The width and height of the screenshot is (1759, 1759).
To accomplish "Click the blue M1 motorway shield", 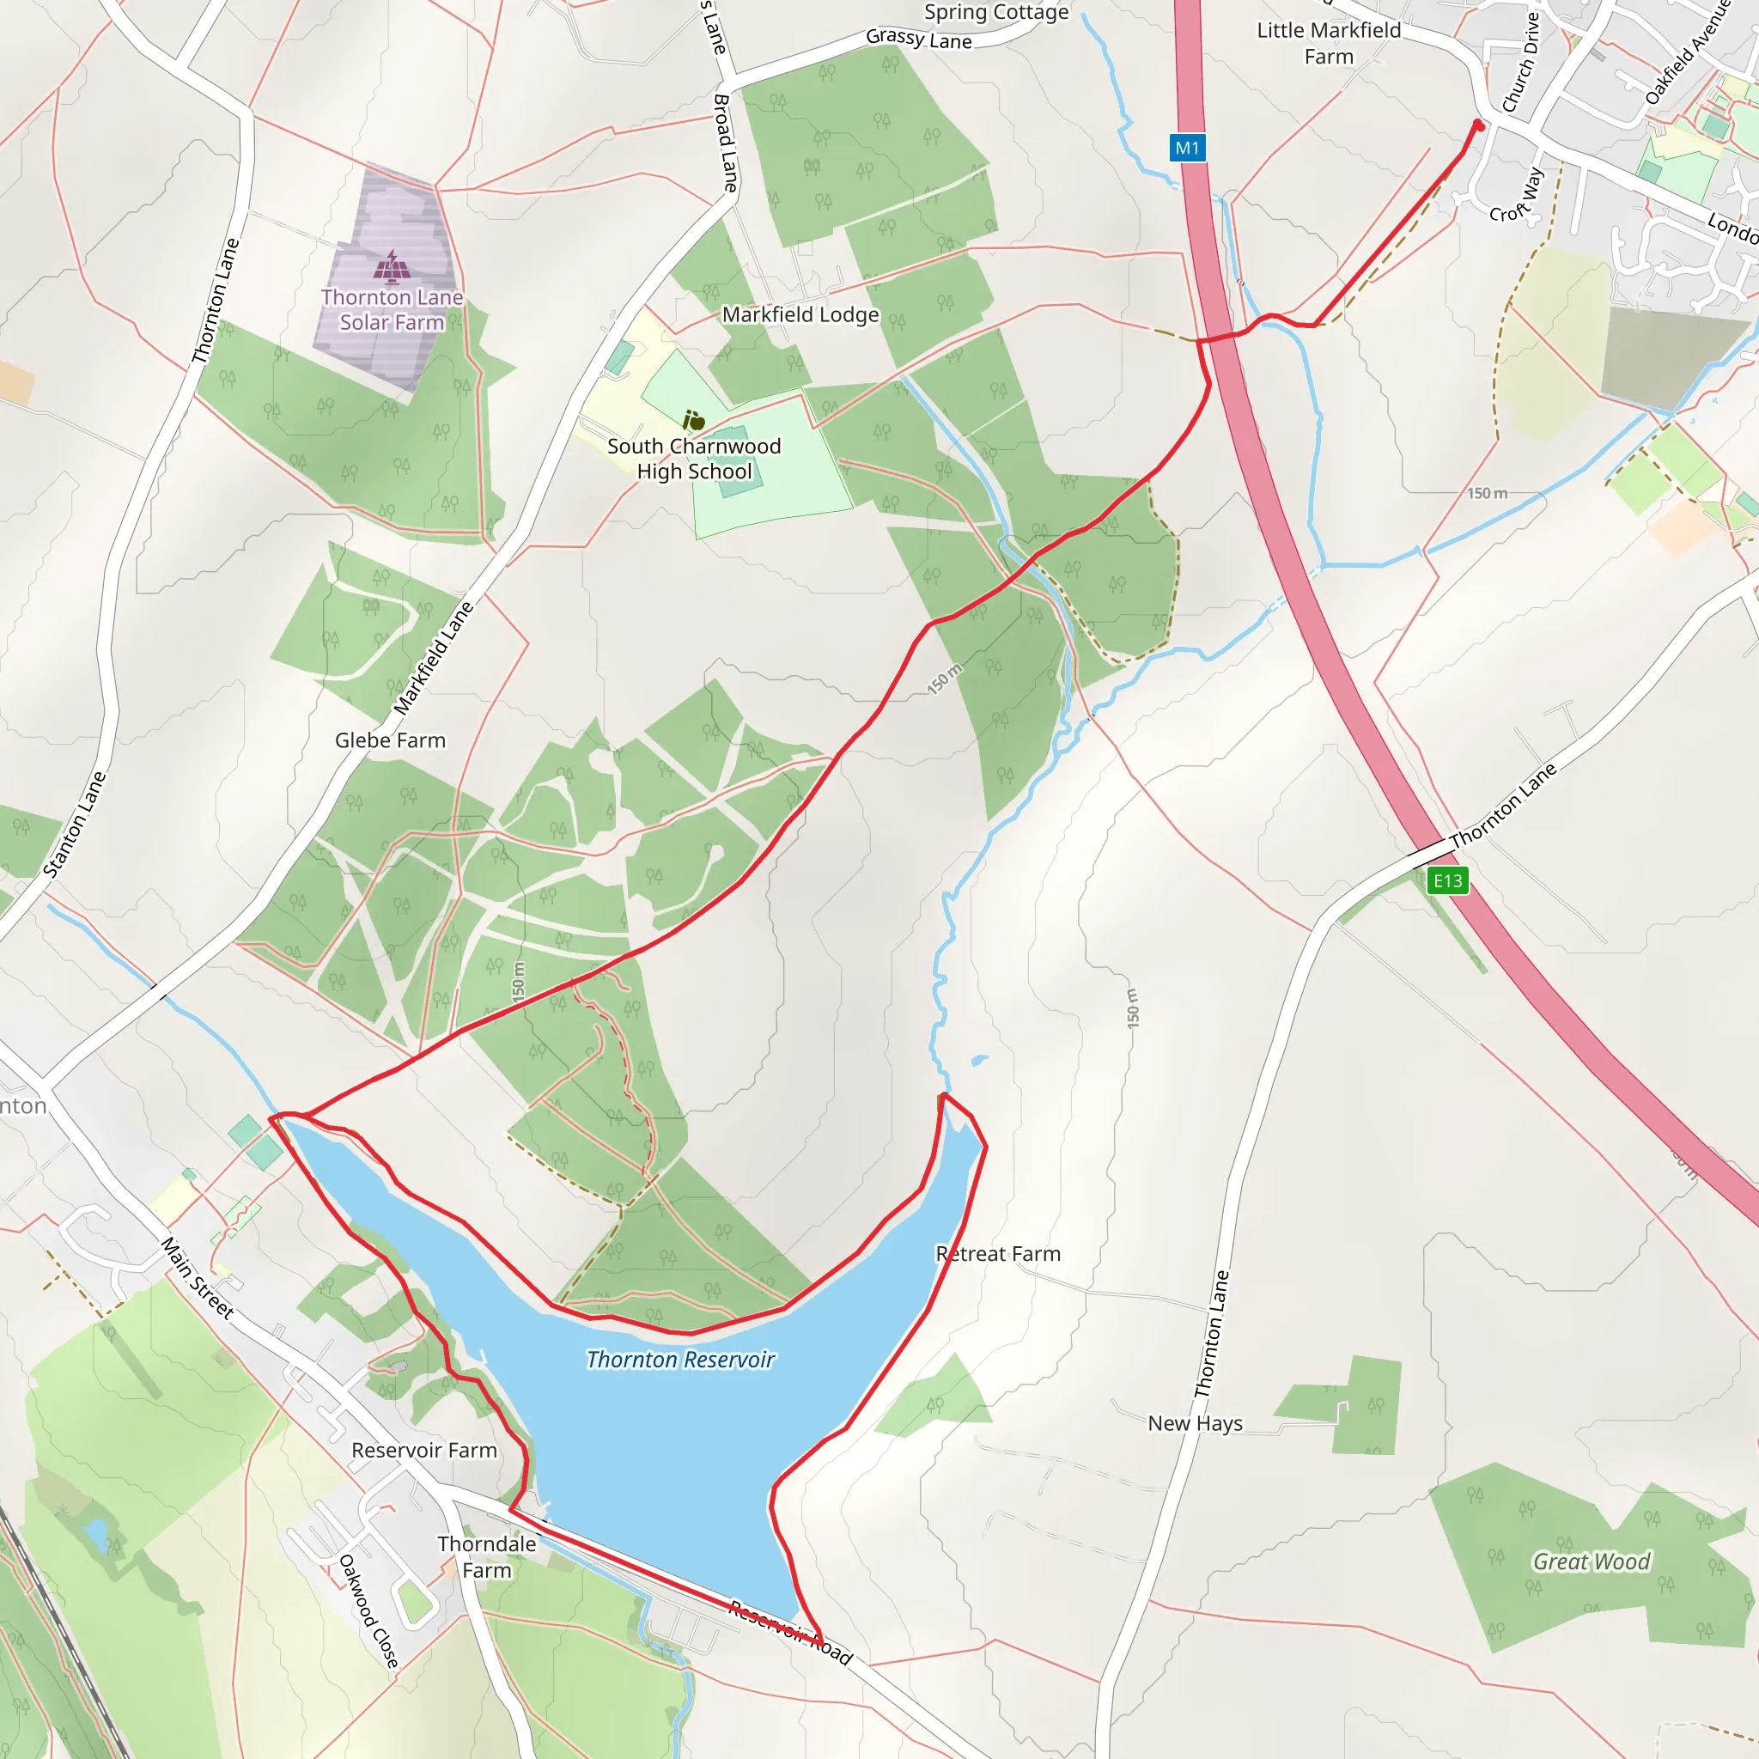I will pyautogui.click(x=1187, y=148).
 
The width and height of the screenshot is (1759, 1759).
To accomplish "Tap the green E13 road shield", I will pyautogui.click(x=1446, y=880).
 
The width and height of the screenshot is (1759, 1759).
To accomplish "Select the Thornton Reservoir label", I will pyautogui.click(x=680, y=1360).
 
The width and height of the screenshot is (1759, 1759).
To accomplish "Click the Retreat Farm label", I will pyautogui.click(x=998, y=1254).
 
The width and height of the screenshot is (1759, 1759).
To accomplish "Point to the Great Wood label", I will pyautogui.click(x=1592, y=1561).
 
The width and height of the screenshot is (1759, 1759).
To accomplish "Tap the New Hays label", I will pyautogui.click(x=1195, y=1423).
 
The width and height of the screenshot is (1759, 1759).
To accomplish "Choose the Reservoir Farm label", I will pyautogui.click(x=424, y=1451).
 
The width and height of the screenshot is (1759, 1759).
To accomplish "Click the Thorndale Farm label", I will pyautogui.click(x=486, y=1557).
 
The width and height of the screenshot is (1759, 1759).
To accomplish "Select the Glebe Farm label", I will pyautogui.click(x=390, y=740).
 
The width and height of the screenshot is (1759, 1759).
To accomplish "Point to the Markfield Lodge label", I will pyautogui.click(x=800, y=315).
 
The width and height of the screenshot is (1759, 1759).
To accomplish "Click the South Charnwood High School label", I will pyautogui.click(x=694, y=459).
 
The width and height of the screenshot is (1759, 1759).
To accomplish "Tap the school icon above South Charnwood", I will pyautogui.click(x=694, y=421).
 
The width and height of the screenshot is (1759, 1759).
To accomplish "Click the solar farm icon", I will pyautogui.click(x=392, y=268).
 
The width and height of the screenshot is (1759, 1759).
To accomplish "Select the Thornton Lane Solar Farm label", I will pyautogui.click(x=392, y=309).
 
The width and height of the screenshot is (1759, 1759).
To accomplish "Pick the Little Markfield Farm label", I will pyautogui.click(x=1329, y=44).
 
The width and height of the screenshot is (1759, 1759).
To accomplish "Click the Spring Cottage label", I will pyautogui.click(x=996, y=12).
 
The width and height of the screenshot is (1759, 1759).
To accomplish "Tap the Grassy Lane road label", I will pyautogui.click(x=919, y=40).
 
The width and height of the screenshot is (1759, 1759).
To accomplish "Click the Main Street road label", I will pyautogui.click(x=198, y=1277).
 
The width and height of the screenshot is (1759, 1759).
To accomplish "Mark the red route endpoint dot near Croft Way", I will pyautogui.click(x=1479, y=125).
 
